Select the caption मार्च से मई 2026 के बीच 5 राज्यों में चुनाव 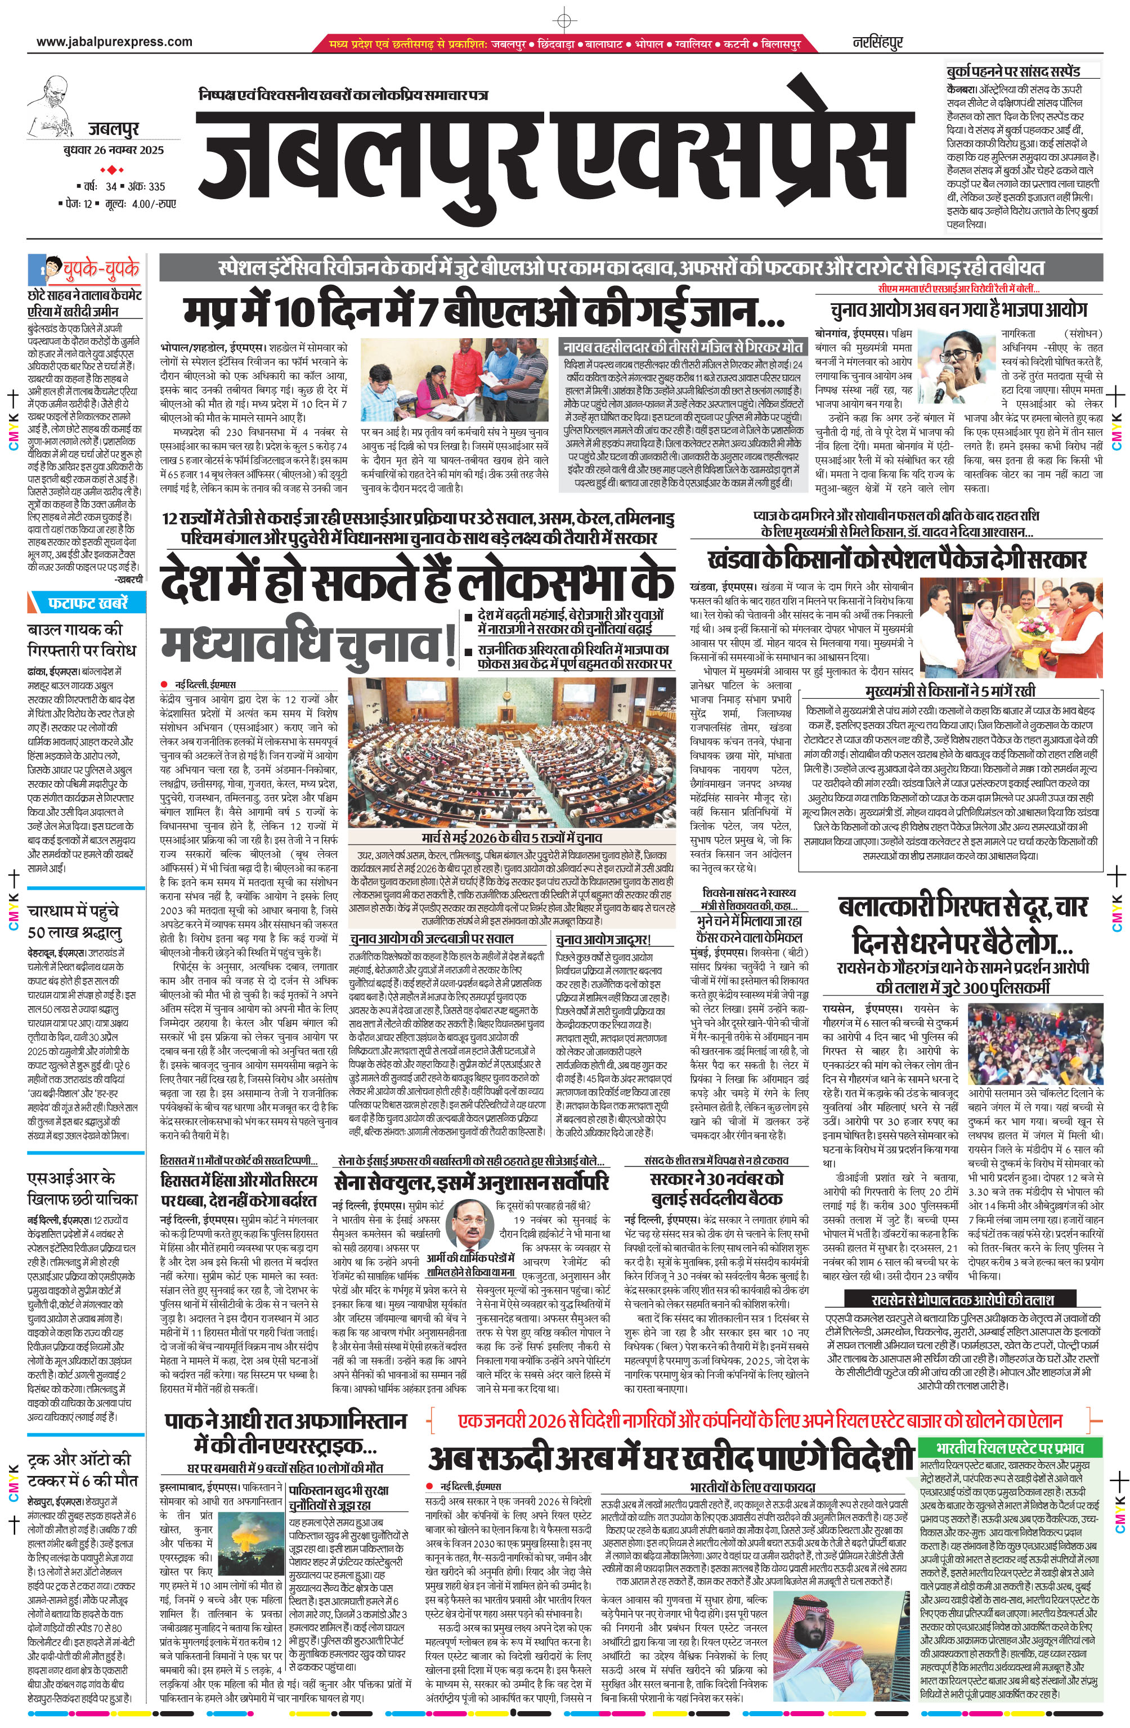[x=512, y=838]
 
